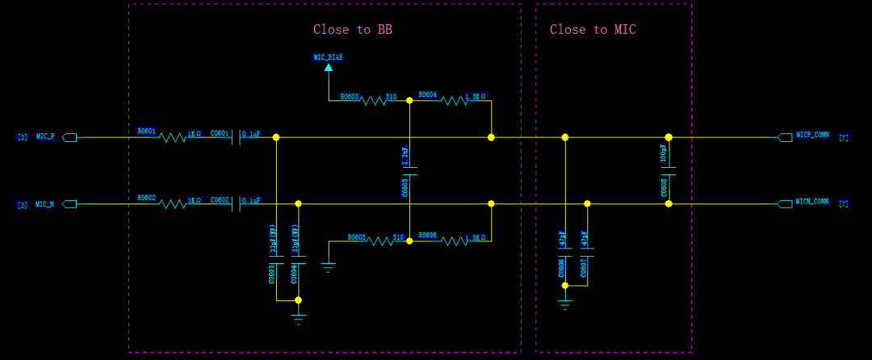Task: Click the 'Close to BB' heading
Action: click(x=353, y=30)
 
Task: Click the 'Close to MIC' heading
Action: click(x=593, y=30)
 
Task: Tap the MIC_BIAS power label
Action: click(x=328, y=57)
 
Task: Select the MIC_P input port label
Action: click(x=45, y=137)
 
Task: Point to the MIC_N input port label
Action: click(x=45, y=204)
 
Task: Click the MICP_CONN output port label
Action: click(x=812, y=135)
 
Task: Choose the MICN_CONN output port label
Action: click(x=812, y=202)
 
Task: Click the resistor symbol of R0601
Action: click(x=173, y=138)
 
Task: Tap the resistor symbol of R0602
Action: click(x=173, y=204)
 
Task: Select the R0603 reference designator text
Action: click(x=350, y=96)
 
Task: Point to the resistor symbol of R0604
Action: click(x=454, y=100)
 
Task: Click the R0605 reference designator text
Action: click(x=357, y=237)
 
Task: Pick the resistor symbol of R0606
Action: click(x=454, y=241)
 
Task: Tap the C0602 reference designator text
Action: click(x=220, y=199)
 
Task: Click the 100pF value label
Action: click(x=664, y=153)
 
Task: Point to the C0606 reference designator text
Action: click(x=561, y=268)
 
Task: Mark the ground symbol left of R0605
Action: click(x=328, y=266)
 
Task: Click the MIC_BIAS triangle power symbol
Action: click(x=328, y=68)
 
